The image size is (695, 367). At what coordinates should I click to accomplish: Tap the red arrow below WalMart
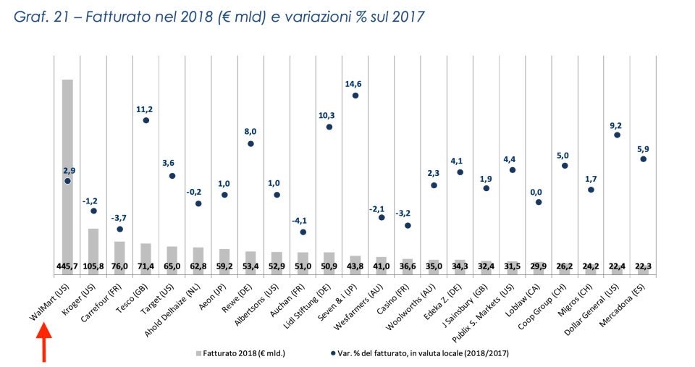pos(44,342)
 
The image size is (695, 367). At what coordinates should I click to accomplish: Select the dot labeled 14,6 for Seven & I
pos(355,96)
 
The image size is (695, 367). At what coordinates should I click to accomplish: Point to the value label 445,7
pos(67,266)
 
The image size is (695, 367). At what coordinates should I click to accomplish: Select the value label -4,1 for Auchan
pos(303,221)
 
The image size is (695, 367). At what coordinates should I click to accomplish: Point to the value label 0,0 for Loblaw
pos(538,191)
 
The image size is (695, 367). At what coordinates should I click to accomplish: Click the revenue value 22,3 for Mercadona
pos(643,266)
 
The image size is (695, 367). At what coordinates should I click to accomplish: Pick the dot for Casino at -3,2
pos(408,225)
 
